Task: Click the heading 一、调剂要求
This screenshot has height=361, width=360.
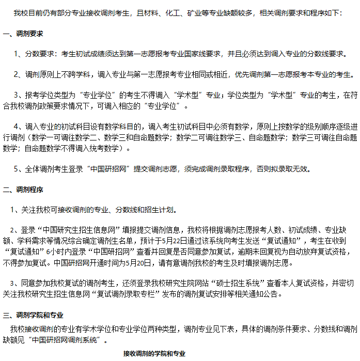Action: (23, 34)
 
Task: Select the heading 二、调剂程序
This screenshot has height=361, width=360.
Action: (23, 190)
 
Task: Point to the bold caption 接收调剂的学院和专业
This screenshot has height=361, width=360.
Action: (154, 354)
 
